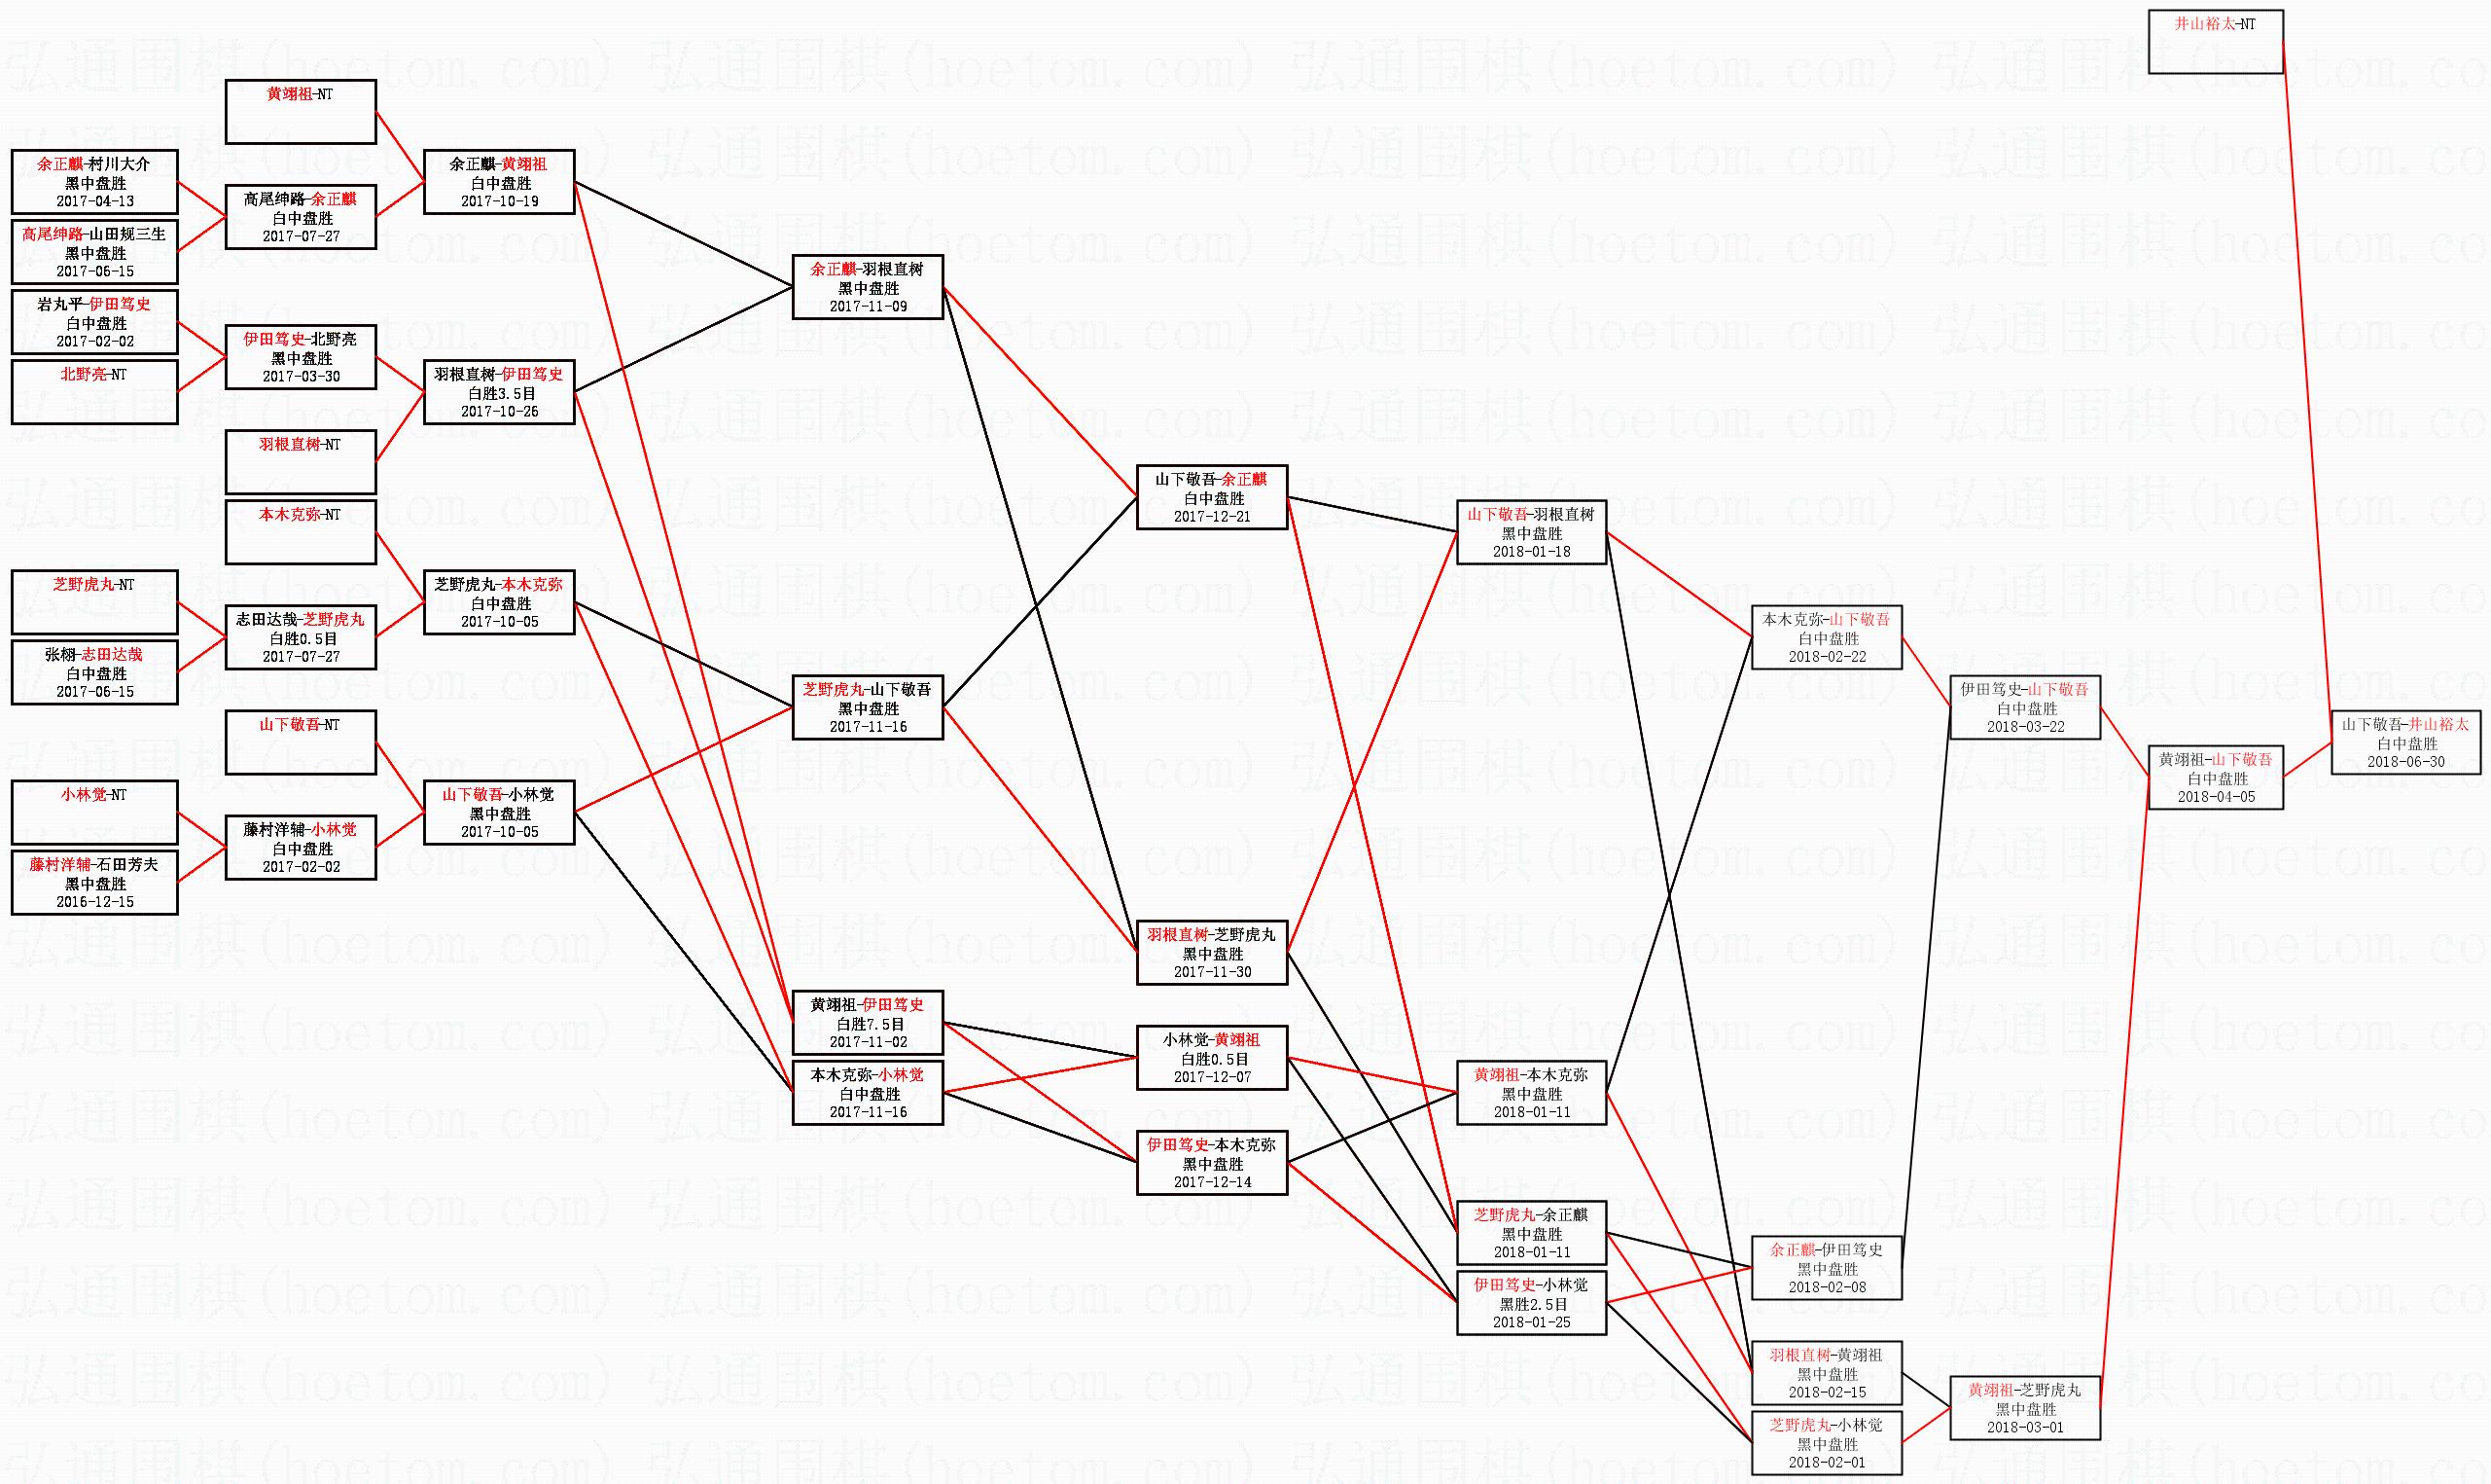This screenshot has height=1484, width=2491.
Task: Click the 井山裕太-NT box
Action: [x=2215, y=41]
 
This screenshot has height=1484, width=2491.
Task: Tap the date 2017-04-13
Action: [x=95, y=201]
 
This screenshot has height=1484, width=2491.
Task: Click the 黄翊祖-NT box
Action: [x=300, y=112]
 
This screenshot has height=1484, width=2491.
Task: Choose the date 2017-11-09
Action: [x=868, y=306]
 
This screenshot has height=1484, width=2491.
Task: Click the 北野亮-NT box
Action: [x=95, y=392]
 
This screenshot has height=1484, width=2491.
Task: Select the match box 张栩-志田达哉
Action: [x=95, y=672]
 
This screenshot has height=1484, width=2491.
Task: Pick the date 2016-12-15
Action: [x=95, y=901]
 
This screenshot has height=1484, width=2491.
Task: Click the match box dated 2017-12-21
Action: [x=1212, y=497]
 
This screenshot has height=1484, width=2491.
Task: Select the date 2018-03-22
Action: [x=2025, y=726]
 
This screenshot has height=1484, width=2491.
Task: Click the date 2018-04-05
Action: [x=2216, y=796]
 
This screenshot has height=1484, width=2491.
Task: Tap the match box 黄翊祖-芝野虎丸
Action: [x=2025, y=1407]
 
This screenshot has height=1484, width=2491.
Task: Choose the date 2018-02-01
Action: [x=1827, y=1462]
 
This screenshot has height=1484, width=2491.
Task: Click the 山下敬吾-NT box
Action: [x=300, y=742]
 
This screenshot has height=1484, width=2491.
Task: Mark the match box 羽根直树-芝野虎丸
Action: [x=1212, y=952]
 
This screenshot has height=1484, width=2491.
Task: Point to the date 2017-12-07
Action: [x=1212, y=1076]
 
